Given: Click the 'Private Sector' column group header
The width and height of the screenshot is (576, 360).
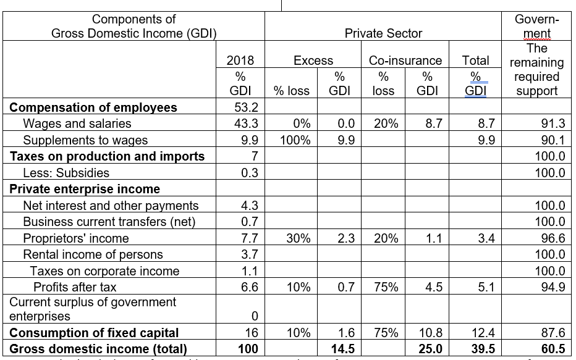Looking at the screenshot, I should point(383,33).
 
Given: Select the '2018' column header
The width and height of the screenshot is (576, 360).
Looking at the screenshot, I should point(240,61).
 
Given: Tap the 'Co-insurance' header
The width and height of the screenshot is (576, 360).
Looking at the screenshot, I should point(405,61).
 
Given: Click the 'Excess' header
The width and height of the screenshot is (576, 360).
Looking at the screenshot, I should point(313,61).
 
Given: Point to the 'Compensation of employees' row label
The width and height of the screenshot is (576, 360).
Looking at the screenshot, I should point(93,107).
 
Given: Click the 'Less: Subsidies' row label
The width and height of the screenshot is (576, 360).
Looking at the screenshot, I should point(66,173).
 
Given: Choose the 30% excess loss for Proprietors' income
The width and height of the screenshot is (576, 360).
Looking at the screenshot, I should point(298,238).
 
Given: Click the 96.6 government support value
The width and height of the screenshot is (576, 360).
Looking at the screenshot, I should point(553,238).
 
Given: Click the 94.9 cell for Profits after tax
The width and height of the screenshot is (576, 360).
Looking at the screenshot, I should point(553,287).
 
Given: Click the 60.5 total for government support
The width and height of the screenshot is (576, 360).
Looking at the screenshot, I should point(553,349).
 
